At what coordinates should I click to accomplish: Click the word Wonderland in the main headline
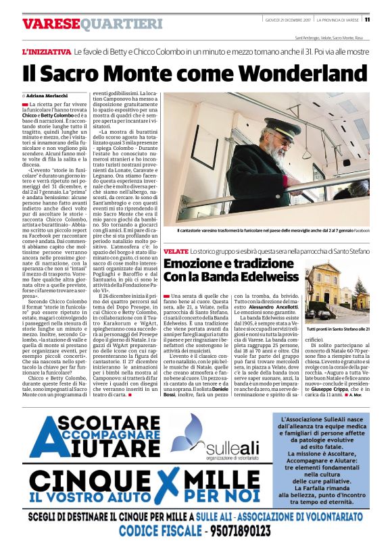pos(305,73)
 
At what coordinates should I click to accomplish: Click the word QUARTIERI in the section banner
pos(122,24)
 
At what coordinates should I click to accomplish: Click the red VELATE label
pos(175,251)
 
